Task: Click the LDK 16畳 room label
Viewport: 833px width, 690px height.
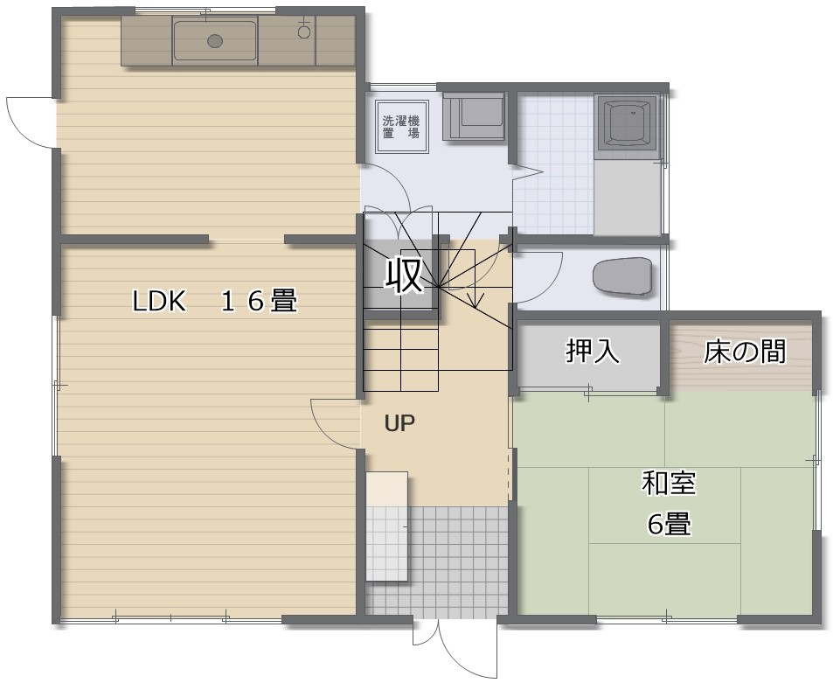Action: pos(214,301)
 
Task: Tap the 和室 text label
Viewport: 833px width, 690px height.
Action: pos(669,483)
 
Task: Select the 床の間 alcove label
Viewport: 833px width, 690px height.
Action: pos(745,352)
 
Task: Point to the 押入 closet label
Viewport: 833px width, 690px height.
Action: pos(593,352)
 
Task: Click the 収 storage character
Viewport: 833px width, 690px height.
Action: pos(404,275)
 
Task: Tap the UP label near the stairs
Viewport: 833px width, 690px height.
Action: pos(399,423)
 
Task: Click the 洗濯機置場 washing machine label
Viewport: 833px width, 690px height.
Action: pos(401,127)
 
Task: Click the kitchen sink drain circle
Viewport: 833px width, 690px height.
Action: pos(215,40)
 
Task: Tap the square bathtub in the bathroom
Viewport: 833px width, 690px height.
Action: pos(628,127)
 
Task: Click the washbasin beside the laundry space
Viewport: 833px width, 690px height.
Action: pos(474,117)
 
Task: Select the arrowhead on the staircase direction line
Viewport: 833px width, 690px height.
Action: pos(476,302)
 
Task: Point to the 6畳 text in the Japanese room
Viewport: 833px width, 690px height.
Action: pos(670,524)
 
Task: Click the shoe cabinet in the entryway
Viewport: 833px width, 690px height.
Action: pos(386,526)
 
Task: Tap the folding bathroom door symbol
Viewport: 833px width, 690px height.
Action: pos(527,173)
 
